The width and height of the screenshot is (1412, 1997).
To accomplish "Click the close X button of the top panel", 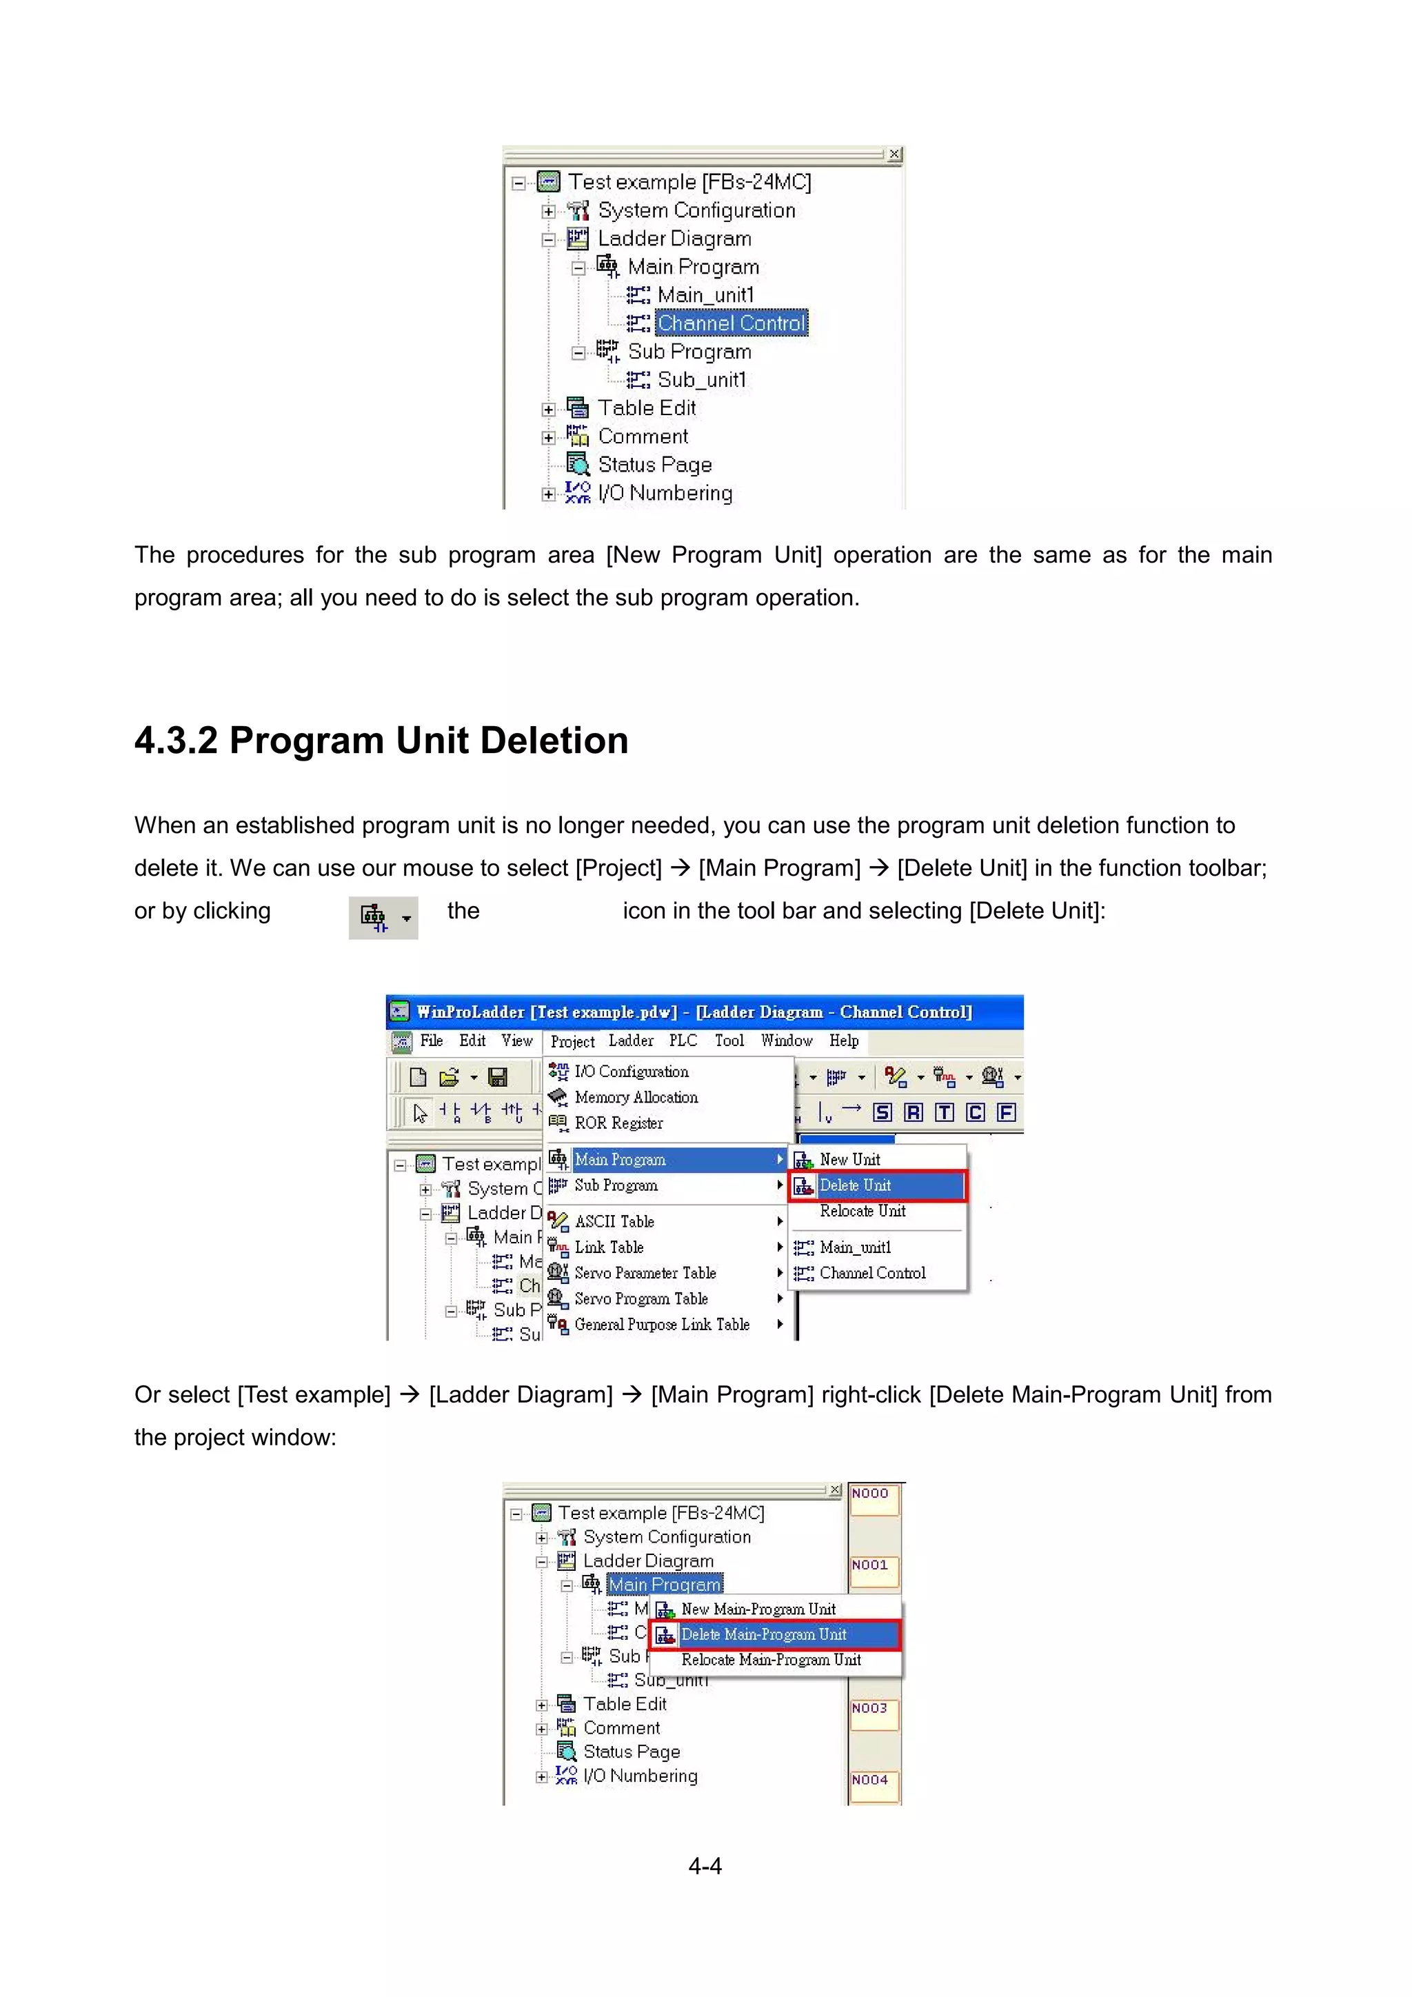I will pyautogui.click(x=894, y=154).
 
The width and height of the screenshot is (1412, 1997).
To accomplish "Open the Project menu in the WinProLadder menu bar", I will pyautogui.click(x=572, y=1041).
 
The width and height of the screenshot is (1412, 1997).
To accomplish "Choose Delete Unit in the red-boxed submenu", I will pyautogui.click(x=855, y=1185).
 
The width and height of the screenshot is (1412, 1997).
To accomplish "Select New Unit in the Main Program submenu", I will pyautogui.click(x=849, y=1159).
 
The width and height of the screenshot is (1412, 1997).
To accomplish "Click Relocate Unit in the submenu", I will pyautogui.click(x=862, y=1211).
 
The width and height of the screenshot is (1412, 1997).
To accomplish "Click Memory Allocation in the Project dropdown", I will pyautogui.click(x=636, y=1098).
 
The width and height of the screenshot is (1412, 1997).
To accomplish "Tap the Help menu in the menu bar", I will pyautogui.click(x=843, y=1041).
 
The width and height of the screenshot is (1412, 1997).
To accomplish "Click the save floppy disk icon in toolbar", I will pyautogui.click(x=497, y=1077).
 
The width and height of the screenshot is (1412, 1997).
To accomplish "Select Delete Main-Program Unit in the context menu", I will pyautogui.click(x=763, y=1634).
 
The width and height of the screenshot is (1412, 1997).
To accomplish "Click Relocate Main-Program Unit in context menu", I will pyautogui.click(x=770, y=1660).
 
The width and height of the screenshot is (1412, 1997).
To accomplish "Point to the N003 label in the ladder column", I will pyautogui.click(x=869, y=1708).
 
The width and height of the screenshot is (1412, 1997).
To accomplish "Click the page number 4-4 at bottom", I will pyautogui.click(x=705, y=1867).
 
